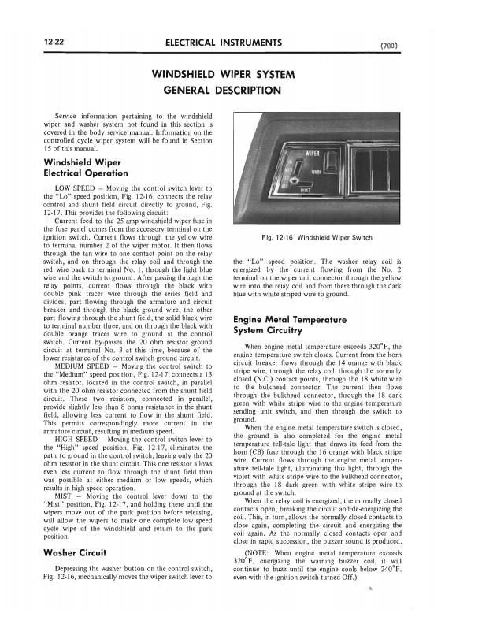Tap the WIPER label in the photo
click(x=312, y=150)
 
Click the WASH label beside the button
click(x=317, y=171)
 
